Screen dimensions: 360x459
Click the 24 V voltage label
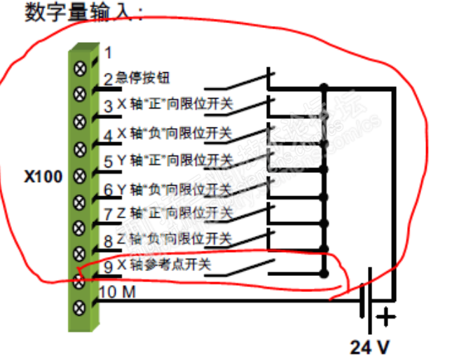click(x=369, y=347)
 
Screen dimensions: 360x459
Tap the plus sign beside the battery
click(x=385, y=317)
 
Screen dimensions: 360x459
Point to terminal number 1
click(x=109, y=53)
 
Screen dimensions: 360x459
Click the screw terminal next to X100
click(x=81, y=174)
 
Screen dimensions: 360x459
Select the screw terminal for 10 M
click(x=81, y=305)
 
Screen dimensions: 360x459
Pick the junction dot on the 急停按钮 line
click(x=323, y=88)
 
